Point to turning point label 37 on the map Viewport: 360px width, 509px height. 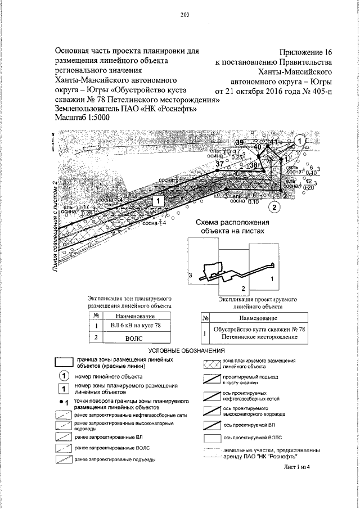click(x=219, y=163)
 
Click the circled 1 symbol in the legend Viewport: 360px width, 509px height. click(x=64, y=376)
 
